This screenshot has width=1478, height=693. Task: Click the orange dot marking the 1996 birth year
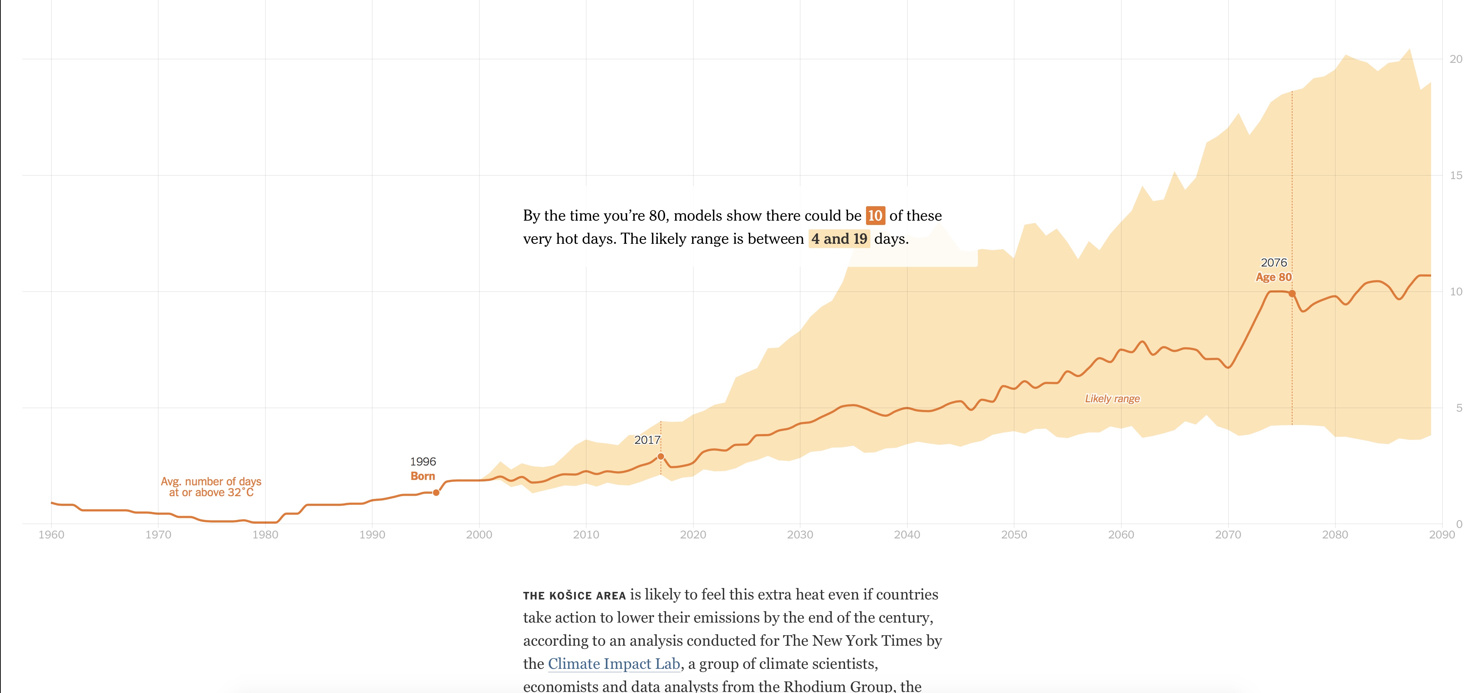[436, 493]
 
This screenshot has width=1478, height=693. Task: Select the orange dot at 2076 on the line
[1292, 293]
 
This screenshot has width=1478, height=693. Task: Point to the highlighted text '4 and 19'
[839, 239]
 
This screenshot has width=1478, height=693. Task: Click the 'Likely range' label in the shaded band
[1112, 398]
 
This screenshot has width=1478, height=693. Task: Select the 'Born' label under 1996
[423, 476]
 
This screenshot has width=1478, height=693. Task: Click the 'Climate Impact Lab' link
[613, 664]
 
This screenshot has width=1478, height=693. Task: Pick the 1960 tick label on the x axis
[51, 534]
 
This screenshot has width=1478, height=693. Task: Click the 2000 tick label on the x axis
[479, 534]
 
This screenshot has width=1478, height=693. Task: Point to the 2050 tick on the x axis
[1014, 534]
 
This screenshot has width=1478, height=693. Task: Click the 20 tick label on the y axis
[1456, 59]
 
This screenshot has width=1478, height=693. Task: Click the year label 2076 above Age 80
[1274, 263]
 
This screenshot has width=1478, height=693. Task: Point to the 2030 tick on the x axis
[800, 534]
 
